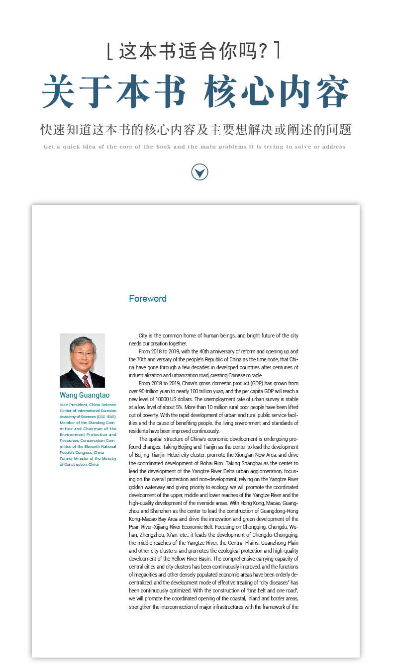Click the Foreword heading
tap(148, 299)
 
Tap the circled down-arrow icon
tap(199, 172)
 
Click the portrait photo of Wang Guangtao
tap(82, 360)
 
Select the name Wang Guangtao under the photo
tap(85, 396)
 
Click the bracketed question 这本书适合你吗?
tap(194, 51)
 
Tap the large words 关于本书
tap(114, 91)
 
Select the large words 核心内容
tap(276, 91)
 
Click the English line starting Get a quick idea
tap(194, 147)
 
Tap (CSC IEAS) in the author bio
tap(106, 417)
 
